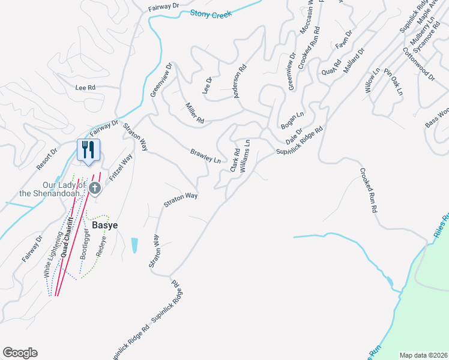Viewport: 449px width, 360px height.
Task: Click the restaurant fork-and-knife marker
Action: click(x=88, y=149)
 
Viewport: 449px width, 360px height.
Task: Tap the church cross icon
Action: click(x=94, y=189)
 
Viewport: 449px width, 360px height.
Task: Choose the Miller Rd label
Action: click(x=194, y=112)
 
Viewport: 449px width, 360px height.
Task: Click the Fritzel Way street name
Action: click(x=121, y=169)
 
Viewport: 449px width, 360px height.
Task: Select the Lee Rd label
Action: click(x=85, y=87)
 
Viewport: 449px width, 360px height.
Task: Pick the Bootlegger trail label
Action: click(x=85, y=243)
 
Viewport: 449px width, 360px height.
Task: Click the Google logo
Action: click(x=20, y=353)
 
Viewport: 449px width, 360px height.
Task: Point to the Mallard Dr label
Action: click(x=354, y=59)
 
